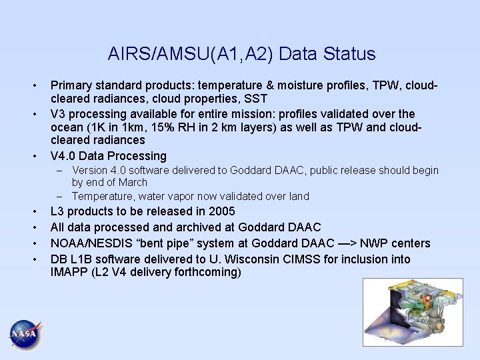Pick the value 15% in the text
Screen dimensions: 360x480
point(175,127)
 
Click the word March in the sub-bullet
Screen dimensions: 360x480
point(132,182)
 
